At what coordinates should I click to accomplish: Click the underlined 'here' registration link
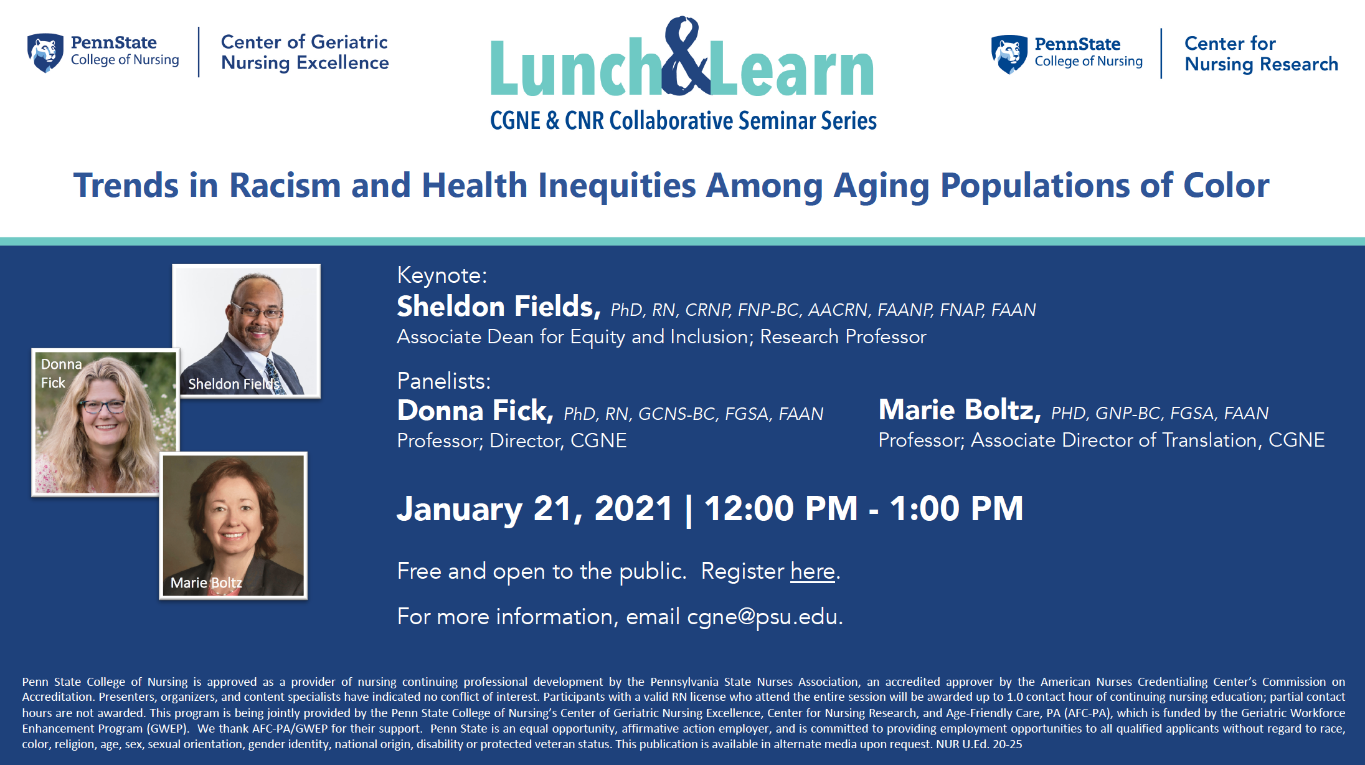[813, 571]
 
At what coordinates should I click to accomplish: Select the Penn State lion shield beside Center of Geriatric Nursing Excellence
[45, 53]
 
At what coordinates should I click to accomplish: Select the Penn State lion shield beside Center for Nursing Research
[1009, 54]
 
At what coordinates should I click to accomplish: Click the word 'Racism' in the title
[285, 186]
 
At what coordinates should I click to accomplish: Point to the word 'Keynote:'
[442, 275]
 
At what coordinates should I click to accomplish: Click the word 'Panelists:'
[444, 381]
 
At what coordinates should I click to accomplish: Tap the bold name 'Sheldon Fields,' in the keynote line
[499, 306]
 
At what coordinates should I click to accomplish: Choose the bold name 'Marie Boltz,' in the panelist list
[960, 410]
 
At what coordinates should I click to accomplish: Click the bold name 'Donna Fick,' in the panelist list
[475, 411]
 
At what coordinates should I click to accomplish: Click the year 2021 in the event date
[633, 509]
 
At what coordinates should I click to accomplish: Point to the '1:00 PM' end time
[956, 509]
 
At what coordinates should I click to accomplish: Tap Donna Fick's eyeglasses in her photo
[103, 406]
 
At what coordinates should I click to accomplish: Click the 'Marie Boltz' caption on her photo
[206, 582]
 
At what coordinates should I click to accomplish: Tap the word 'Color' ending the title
[1226, 186]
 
